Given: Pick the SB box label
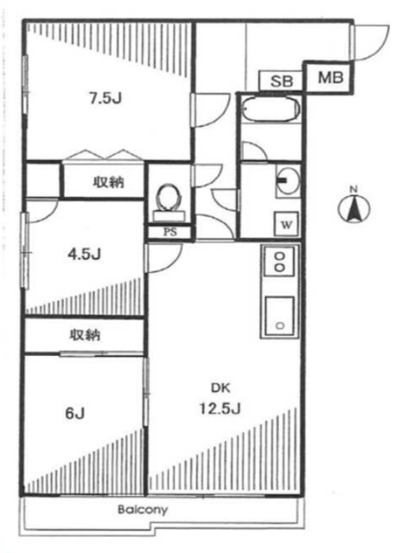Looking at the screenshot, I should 282,81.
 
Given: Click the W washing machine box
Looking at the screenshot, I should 284,225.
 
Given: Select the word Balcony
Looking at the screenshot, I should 143,510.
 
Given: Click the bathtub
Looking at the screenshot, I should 270,111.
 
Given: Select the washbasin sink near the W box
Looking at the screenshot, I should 286,181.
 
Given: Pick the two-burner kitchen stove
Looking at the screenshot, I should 279,262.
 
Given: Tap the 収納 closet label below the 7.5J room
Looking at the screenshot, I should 108,182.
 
